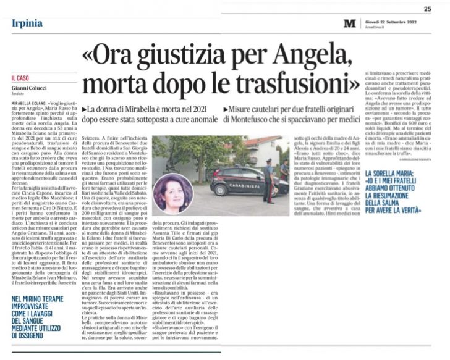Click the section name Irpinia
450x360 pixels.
coord(27,23)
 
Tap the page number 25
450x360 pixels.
coord(427,9)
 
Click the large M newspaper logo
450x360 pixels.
coord(350,23)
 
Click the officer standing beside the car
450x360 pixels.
coord(269,180)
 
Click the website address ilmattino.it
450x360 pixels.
coord(375,27)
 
